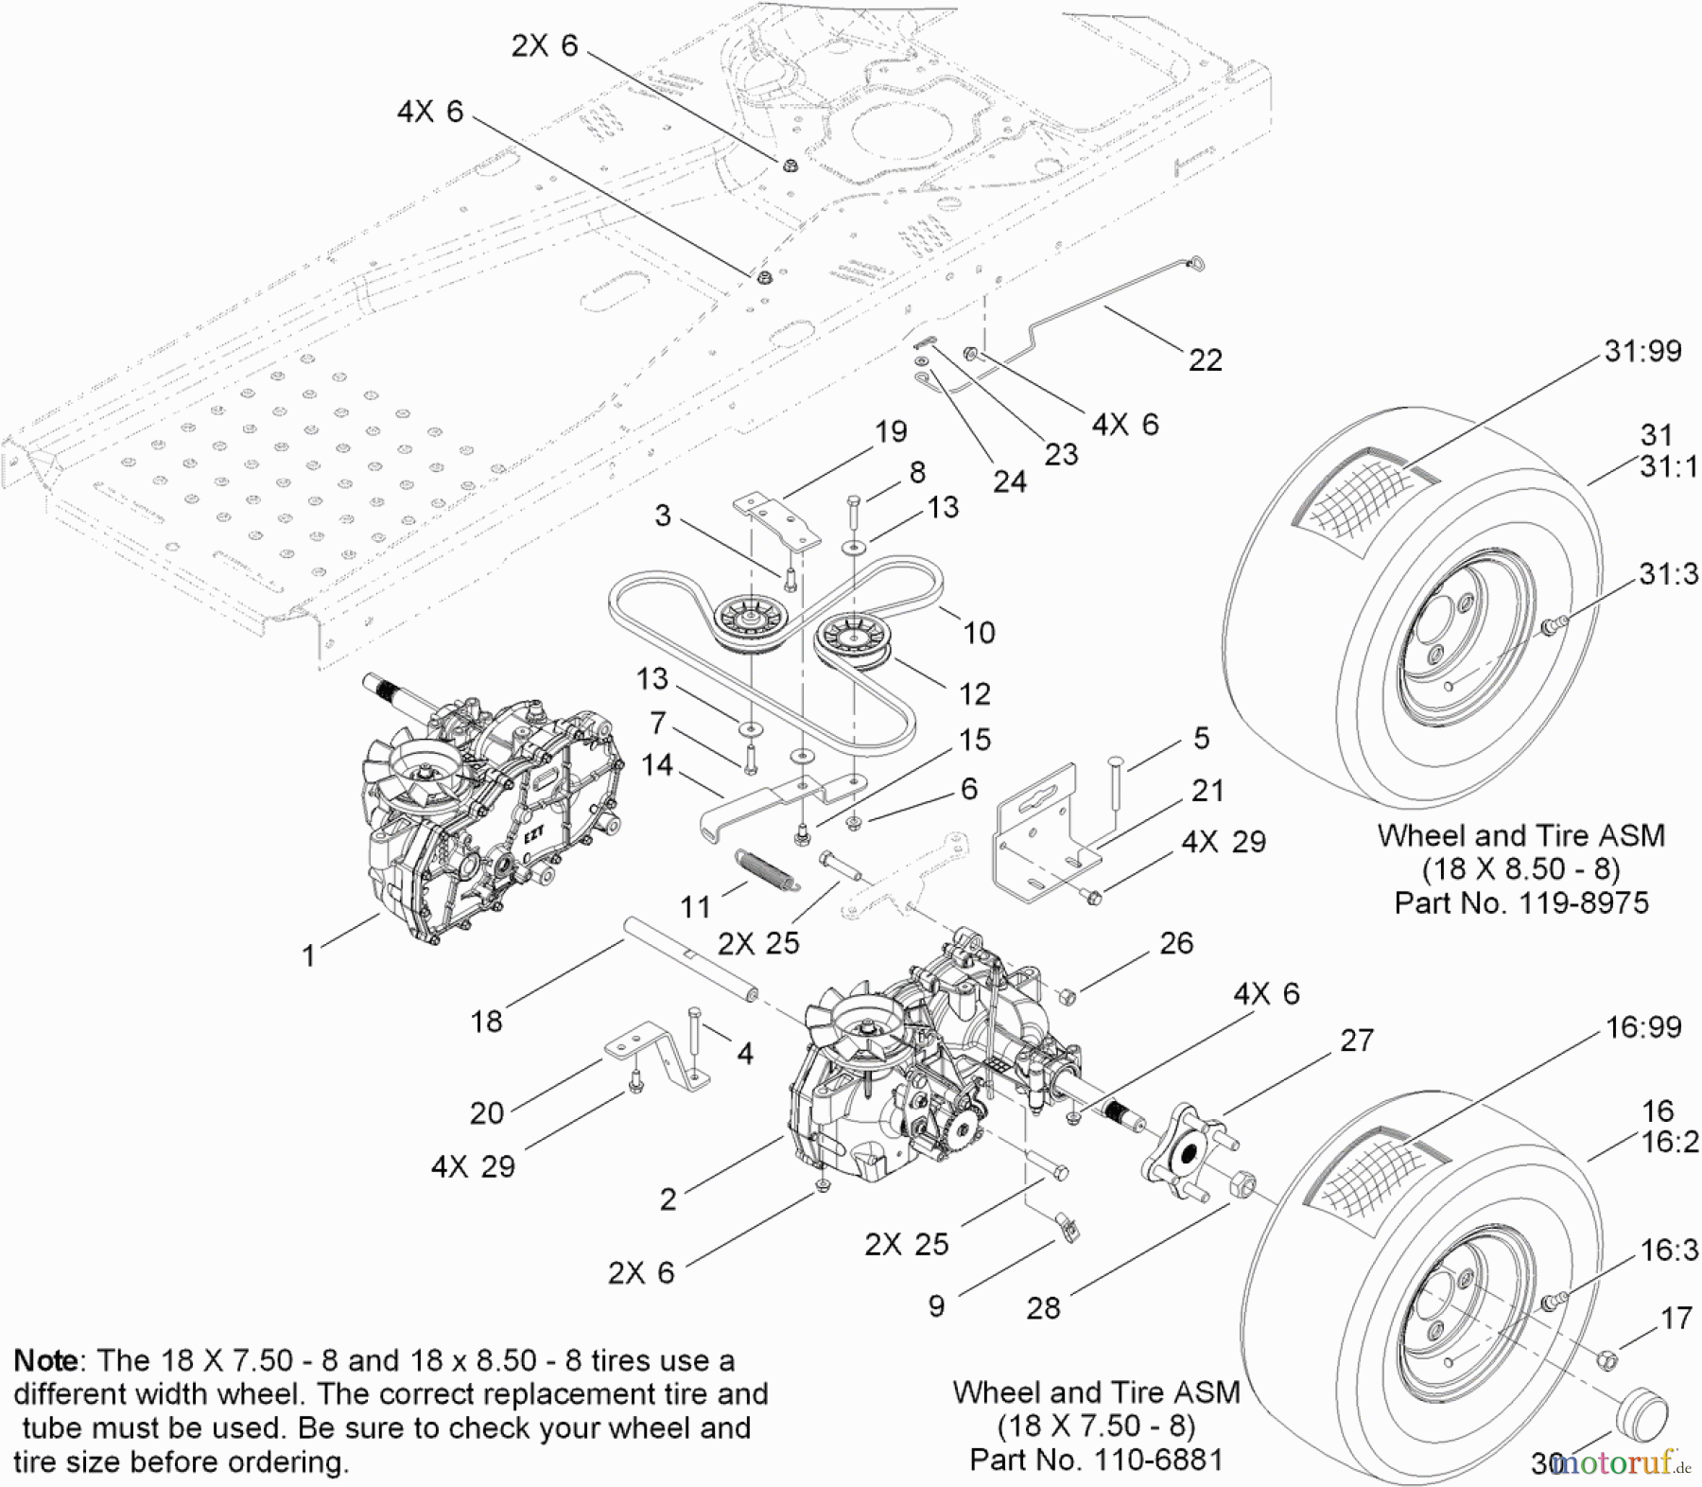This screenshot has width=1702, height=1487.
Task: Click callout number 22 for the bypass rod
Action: click(1205, 359)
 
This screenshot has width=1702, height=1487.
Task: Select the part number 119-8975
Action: click(1584, 902)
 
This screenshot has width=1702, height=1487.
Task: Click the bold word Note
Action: click(46, 1361)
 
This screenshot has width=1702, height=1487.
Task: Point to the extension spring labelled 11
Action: click(767, 869)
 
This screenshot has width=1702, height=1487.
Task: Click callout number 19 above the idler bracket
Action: click(891, 431)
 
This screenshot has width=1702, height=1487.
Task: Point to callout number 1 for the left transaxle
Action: click(307, 955)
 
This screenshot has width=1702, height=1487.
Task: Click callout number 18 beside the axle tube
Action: click(486, 1021)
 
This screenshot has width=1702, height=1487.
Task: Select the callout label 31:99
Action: click(1642, 351)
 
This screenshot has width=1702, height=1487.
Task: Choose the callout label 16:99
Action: click(1643, 1027)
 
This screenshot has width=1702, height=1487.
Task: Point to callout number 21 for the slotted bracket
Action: click(1207, 790)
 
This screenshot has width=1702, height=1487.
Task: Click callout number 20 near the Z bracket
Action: click(486, 1112)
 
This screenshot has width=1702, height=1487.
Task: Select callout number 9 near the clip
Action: click(936, 1305)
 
